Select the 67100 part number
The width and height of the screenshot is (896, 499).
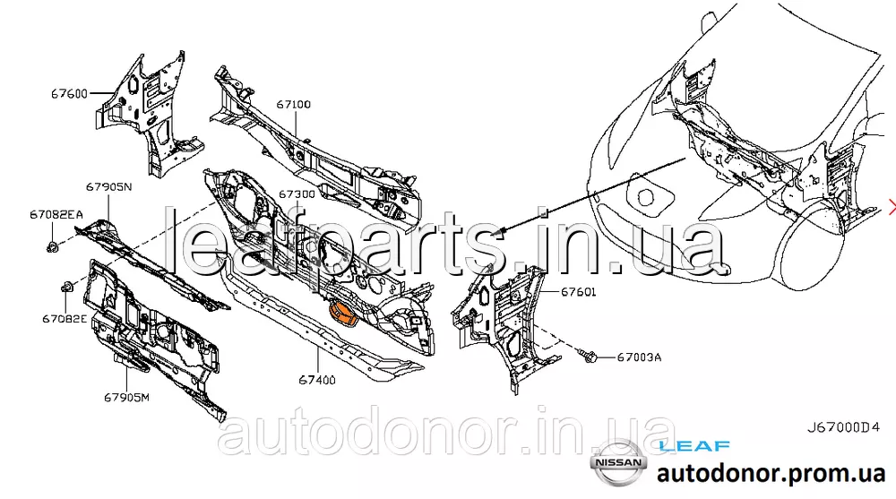coord(293,105)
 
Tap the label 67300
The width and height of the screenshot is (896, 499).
coord(296,194)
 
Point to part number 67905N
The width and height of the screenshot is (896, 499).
coord(109,187)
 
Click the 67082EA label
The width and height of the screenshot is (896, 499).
coord(56,214)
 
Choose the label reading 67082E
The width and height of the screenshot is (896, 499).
coord(65,318)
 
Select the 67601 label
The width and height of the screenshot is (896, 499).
coord(579,292)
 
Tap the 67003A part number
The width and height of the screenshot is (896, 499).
coord(639,357)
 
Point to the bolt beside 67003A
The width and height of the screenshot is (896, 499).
coord(588,357)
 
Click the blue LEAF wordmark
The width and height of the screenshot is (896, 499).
coord(694,445)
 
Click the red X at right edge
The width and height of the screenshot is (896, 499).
coord(892,208)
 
